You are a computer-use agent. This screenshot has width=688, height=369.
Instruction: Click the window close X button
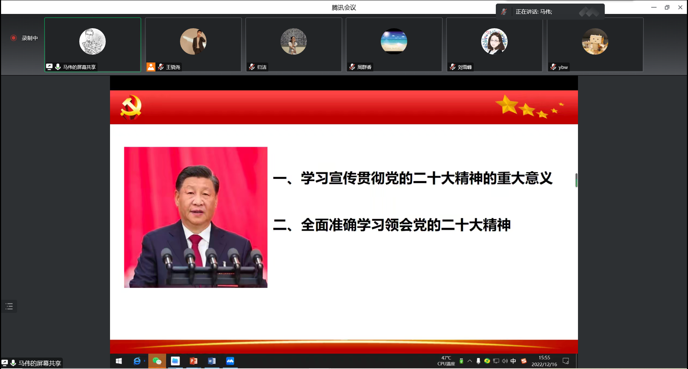point(680,7)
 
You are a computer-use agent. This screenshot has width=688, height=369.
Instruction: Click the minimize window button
point(654,7)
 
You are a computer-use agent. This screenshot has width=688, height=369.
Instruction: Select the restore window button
point(667,7)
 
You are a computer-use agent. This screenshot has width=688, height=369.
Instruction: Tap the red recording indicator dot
point(14,38)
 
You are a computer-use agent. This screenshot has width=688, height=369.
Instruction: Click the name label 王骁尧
point(173,67)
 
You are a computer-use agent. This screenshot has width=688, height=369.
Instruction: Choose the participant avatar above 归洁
point(294,41)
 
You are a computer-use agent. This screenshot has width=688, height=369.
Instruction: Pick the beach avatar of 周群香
point(394,41)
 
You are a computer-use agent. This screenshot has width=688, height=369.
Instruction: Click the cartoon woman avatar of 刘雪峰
point(494,41)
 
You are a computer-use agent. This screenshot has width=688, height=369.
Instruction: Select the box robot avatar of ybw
point(595,41)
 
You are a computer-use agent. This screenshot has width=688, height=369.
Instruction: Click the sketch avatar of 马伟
point(93,41)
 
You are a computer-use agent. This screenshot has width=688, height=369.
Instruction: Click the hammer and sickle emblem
point(131,107)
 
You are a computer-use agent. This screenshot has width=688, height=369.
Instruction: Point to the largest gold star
point(507,104)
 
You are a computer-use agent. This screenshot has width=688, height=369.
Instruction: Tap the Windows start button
point(119,361)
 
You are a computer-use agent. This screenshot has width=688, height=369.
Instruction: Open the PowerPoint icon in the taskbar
point(194,361)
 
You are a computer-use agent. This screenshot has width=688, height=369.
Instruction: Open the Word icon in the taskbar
point(212,361)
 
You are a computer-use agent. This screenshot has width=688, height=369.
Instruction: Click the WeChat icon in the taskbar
point(157,361)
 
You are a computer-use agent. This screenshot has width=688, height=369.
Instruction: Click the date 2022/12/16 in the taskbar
point(544,364)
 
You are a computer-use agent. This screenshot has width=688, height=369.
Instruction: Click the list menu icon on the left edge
point(9,306)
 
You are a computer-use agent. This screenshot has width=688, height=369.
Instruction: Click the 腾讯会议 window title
point(344,8)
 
